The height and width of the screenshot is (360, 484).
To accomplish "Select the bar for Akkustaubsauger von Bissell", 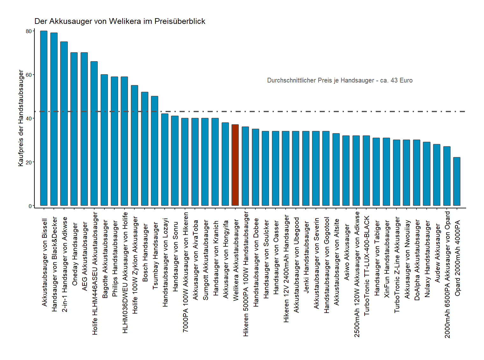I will coord(44,118).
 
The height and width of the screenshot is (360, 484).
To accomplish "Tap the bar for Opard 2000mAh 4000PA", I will coord(457,181).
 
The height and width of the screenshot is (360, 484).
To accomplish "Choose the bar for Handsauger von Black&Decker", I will coord(54,119).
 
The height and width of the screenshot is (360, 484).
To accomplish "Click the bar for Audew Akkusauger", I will coord(437,175).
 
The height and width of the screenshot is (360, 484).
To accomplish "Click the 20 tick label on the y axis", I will coord(29,162).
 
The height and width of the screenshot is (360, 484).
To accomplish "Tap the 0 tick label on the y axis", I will coord(30,206).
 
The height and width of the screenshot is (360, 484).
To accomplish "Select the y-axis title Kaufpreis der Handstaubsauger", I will coord(21,118).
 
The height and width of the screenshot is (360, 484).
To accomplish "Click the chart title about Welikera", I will coord(120,21).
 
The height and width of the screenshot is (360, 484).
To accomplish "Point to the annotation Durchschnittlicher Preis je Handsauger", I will coord(339,80).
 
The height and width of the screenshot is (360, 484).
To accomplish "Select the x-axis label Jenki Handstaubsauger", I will coord(306,257).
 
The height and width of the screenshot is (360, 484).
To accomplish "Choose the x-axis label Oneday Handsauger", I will coord(75,254).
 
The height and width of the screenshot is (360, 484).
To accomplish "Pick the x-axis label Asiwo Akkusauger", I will coord(346,252).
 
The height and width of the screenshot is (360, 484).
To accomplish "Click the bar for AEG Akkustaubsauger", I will coord(84,129).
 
